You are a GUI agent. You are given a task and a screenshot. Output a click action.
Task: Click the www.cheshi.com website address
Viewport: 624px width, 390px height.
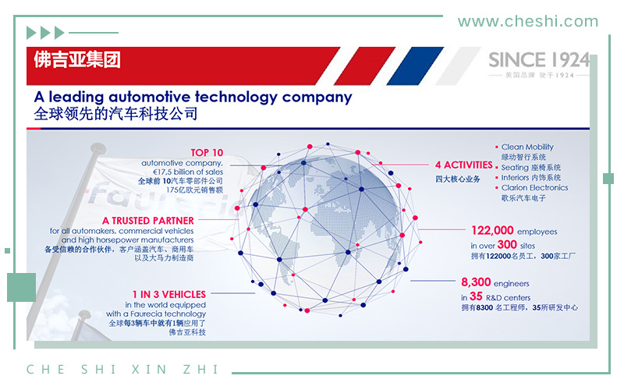528,22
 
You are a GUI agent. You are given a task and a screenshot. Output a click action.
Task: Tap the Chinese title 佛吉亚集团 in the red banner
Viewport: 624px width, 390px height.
77,60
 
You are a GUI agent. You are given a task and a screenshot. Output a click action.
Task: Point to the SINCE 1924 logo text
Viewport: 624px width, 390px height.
539,60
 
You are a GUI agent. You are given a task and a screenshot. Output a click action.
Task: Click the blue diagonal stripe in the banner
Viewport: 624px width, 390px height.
415,66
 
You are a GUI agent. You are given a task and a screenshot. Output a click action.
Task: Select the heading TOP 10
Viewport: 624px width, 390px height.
207,153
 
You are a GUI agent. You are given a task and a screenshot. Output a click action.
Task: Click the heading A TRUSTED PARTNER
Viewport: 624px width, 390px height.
148,221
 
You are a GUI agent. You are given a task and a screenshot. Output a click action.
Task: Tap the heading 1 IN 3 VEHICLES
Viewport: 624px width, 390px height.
169,295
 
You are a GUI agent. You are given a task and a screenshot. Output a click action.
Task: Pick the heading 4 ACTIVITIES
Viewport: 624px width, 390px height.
463,165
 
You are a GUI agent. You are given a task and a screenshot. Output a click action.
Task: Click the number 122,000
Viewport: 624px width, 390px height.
492,230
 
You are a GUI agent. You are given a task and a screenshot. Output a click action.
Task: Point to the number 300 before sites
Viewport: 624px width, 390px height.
507,244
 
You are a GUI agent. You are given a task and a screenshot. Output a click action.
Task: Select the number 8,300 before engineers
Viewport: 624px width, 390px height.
476,282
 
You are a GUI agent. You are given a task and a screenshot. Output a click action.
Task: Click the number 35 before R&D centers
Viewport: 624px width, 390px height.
476,296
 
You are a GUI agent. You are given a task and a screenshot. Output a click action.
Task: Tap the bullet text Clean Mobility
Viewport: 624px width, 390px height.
527,147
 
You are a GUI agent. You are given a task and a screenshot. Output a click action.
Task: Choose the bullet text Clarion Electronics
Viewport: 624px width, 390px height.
534,187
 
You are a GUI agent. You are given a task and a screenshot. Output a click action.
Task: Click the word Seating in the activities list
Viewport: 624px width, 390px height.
515,168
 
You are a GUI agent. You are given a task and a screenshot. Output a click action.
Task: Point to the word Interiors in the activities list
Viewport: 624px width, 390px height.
515,178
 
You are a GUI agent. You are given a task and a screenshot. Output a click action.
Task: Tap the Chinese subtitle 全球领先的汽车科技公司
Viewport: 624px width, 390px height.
115,114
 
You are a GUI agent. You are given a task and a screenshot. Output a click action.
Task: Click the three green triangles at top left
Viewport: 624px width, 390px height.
45,33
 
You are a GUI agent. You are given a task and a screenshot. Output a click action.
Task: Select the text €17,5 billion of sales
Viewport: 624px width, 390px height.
188,172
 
